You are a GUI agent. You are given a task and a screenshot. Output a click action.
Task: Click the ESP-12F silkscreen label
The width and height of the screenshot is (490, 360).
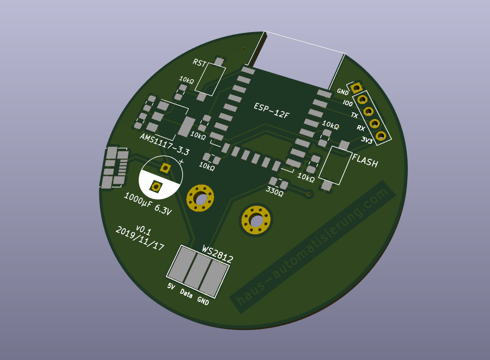point(272,111)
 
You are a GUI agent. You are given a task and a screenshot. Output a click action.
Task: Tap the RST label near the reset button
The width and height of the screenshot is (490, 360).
point(199,63)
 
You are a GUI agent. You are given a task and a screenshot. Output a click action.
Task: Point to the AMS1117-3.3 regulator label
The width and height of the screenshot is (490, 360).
point(165,144)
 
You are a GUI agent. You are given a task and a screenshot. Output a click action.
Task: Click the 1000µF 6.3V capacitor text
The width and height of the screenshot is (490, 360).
point(148,204)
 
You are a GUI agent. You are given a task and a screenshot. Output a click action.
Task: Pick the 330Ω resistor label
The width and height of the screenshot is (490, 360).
point(275,191)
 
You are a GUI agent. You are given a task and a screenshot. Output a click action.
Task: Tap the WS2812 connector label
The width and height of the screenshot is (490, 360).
point(217,254)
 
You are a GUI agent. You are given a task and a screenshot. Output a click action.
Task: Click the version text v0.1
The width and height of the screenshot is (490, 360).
point(144,230)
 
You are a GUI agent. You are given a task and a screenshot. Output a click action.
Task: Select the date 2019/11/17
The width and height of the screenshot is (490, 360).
point(140,238)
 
